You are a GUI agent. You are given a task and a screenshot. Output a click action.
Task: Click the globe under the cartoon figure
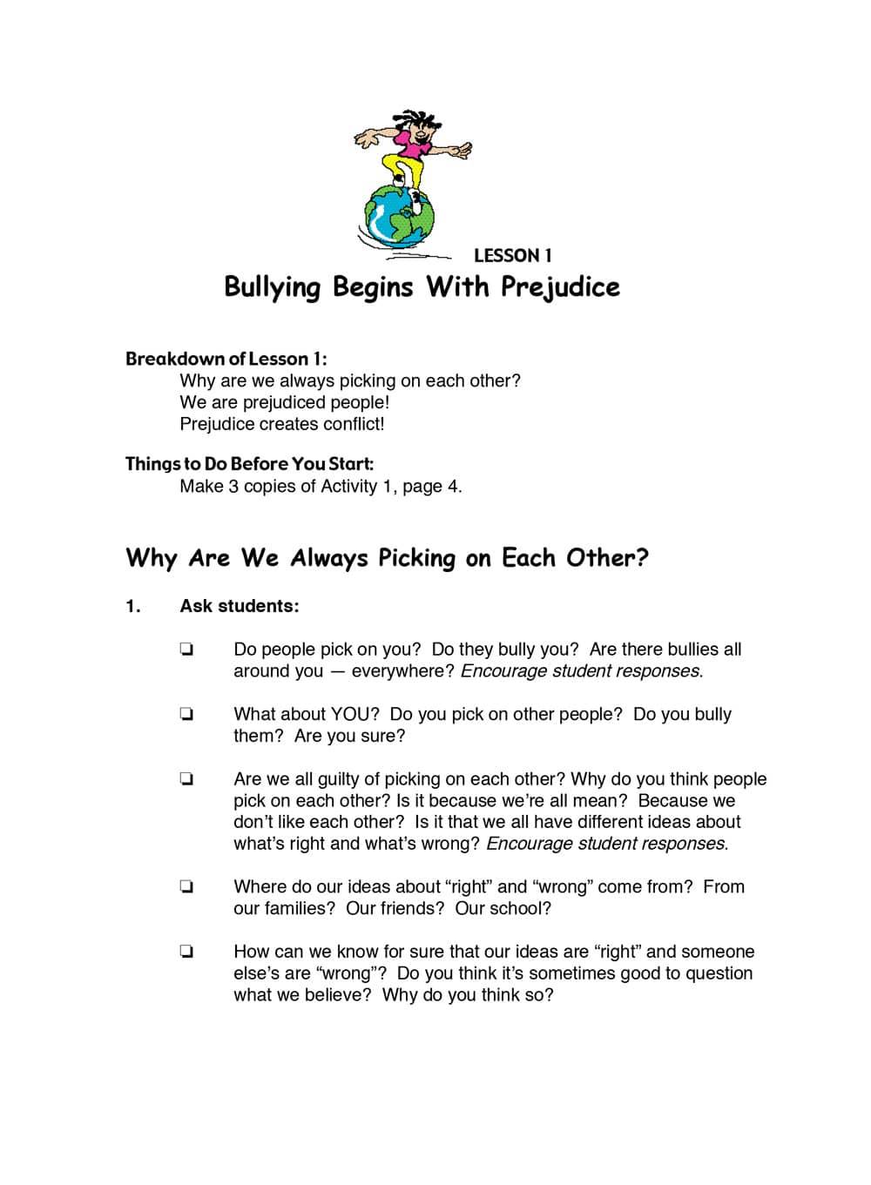(x=398, y=215)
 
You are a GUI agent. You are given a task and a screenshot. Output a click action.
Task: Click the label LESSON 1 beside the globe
(x=512, y=256)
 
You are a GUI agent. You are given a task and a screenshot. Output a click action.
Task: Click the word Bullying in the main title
(x=273, y=286)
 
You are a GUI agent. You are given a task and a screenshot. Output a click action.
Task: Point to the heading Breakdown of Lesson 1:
(x=226, y=359)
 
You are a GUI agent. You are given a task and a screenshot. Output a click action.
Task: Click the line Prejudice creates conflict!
(x=281, y=424)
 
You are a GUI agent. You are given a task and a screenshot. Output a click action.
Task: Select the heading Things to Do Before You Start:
(x=249, y=464)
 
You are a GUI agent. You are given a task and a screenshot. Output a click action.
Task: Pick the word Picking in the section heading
(x=416, y=558)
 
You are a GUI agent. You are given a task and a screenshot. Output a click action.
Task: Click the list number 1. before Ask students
(x=132, y=606)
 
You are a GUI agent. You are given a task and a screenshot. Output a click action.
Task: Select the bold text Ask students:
(x=239, y=606)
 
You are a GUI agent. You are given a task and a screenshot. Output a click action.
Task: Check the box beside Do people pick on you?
(x=186, y=650)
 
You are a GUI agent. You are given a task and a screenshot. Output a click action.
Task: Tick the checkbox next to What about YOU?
(x=186, y=715)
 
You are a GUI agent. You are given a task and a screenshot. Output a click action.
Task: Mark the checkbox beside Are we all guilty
(x=186, y=779)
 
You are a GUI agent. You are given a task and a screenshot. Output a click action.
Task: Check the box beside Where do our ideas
(x=186, y=887)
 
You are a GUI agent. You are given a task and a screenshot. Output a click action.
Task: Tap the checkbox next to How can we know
(x=186, y=953)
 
